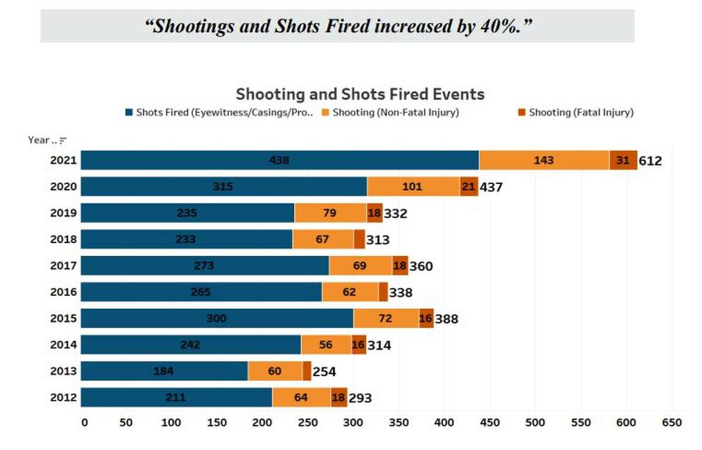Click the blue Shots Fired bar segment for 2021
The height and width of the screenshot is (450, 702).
tap(280, 160)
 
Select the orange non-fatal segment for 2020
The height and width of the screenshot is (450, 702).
tap(413, 187)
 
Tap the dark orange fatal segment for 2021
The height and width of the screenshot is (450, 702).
tap(623, 160)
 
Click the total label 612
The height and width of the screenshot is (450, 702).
tap(650, 161)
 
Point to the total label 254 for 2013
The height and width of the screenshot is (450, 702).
tap(324, 371)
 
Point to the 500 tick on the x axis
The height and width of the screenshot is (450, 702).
tap(535, 422)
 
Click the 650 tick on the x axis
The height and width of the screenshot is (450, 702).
tap(672, 422)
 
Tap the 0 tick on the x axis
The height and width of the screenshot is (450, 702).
tap(84, 422)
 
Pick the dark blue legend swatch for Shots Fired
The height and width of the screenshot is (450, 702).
tap(129, 112)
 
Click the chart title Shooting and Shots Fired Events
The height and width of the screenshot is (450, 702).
tap(360, 94)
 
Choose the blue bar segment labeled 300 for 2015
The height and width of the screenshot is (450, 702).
tap(216, 319)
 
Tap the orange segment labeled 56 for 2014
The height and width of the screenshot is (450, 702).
tap(326, 345)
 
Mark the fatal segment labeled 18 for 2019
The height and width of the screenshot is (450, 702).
tap(374, 213)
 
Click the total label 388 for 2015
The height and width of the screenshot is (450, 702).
tap(446, 319)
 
